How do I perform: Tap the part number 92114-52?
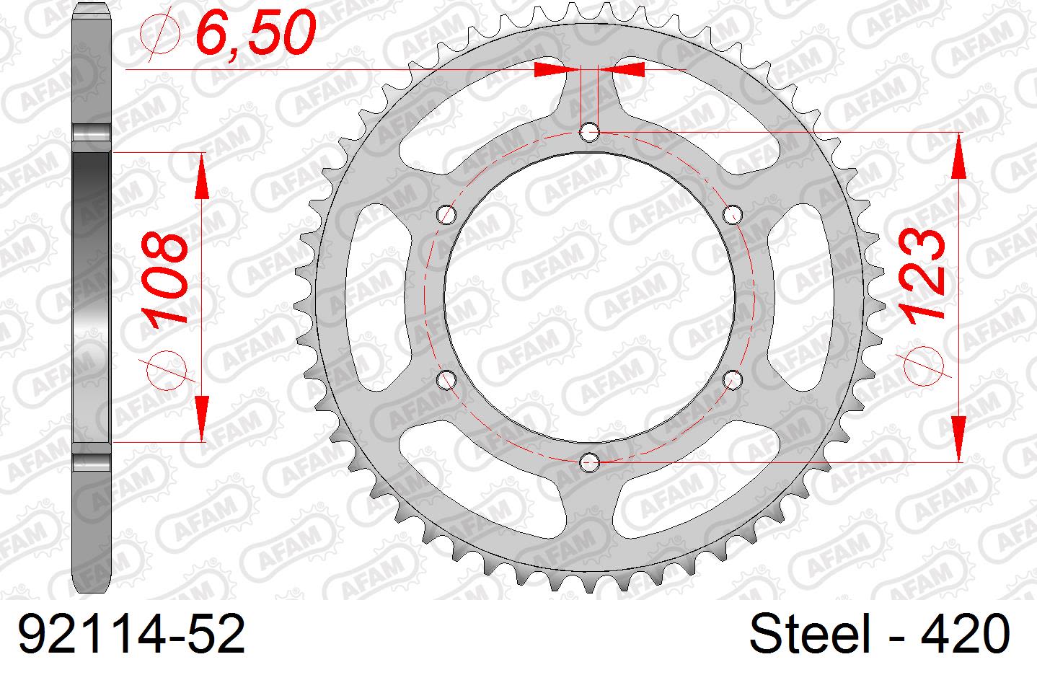click(131, 635)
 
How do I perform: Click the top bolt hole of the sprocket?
click(590, 131)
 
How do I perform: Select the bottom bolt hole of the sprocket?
click(590, 459)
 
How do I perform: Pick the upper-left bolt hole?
click(448, 214)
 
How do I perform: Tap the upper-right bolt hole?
click(733, 213)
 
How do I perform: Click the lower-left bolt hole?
click(448, 378)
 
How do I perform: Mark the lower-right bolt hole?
click(733, 377)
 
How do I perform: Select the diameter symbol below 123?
click(925, 364)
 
